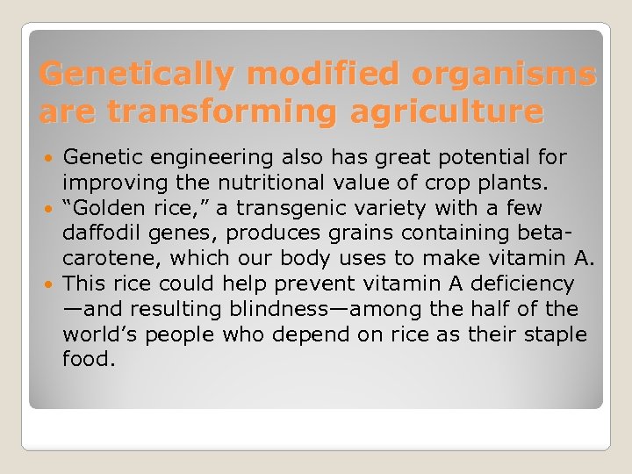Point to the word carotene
(x=111, y=258)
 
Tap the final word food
(x=89, y=359)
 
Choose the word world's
(x=104, y=334)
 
